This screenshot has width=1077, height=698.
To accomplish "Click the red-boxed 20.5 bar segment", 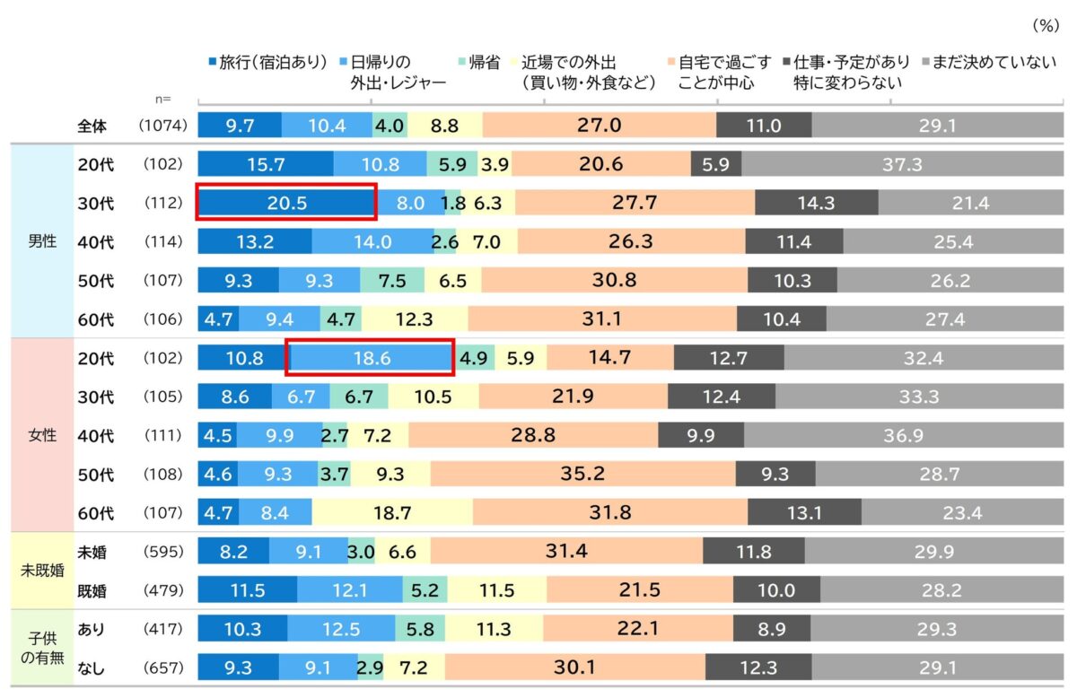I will (x=286, y=203).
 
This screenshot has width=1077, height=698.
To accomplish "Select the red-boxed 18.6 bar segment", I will (x=371, y=358).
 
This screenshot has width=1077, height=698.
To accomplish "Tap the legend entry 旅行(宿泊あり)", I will (x=267, y=63).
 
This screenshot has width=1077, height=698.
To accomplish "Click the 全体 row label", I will (x=94, y=127).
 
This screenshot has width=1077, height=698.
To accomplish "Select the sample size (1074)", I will (x=162, y=127).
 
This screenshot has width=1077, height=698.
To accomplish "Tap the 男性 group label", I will (x=42, y=241).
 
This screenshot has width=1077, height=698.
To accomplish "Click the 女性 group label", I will (x=42, y=435).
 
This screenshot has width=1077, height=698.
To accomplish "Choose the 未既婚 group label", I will (x=42, y=571).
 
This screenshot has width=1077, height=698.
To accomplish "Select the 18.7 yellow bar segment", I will (x=392, y=513).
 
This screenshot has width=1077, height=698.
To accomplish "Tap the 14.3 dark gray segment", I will (x=816, y=203).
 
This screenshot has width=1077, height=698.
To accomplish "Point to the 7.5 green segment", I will (x=392, y=281).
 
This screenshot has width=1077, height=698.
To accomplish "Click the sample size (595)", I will (x=162, y=552).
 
